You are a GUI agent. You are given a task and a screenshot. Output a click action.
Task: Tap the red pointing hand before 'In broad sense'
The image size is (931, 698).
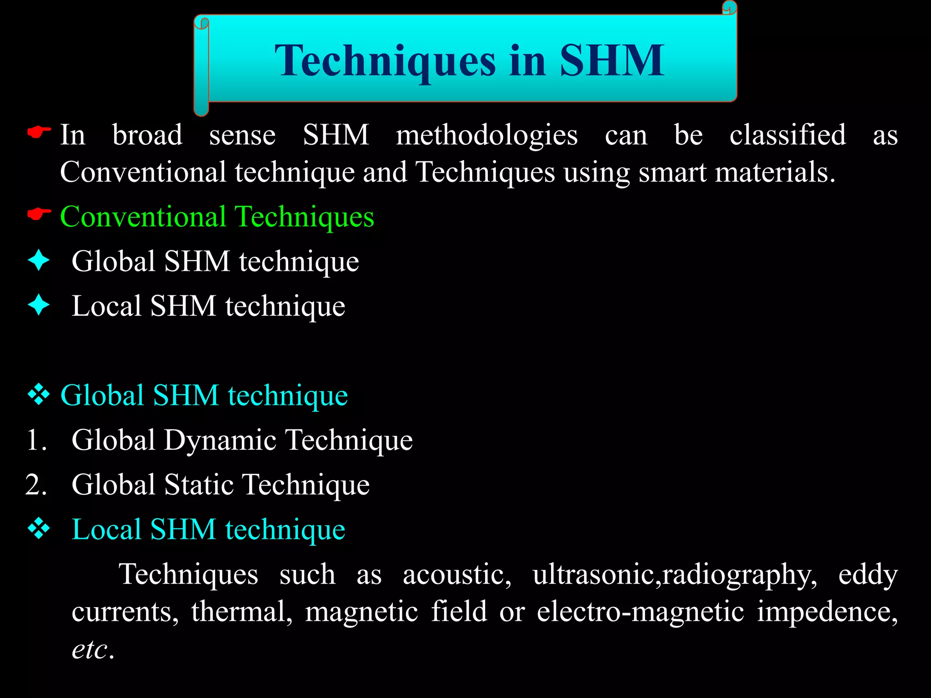coord(39,133)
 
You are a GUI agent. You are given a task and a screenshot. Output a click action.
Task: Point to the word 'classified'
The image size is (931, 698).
coord(787,135)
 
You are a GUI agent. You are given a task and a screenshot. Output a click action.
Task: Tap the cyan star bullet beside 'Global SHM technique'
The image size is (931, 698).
coord(39,261)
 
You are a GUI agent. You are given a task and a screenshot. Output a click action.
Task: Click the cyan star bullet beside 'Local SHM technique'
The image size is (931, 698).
coord(39,305)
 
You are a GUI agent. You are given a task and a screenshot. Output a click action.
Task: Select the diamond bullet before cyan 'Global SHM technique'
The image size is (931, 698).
coord(39,394)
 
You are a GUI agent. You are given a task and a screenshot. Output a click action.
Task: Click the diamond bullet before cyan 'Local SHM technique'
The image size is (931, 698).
coord(39,528)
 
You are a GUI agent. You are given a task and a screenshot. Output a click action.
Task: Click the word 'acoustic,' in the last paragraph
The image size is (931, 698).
coord(457,574)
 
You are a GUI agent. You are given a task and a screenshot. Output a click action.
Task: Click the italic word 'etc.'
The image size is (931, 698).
coord(92,649)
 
